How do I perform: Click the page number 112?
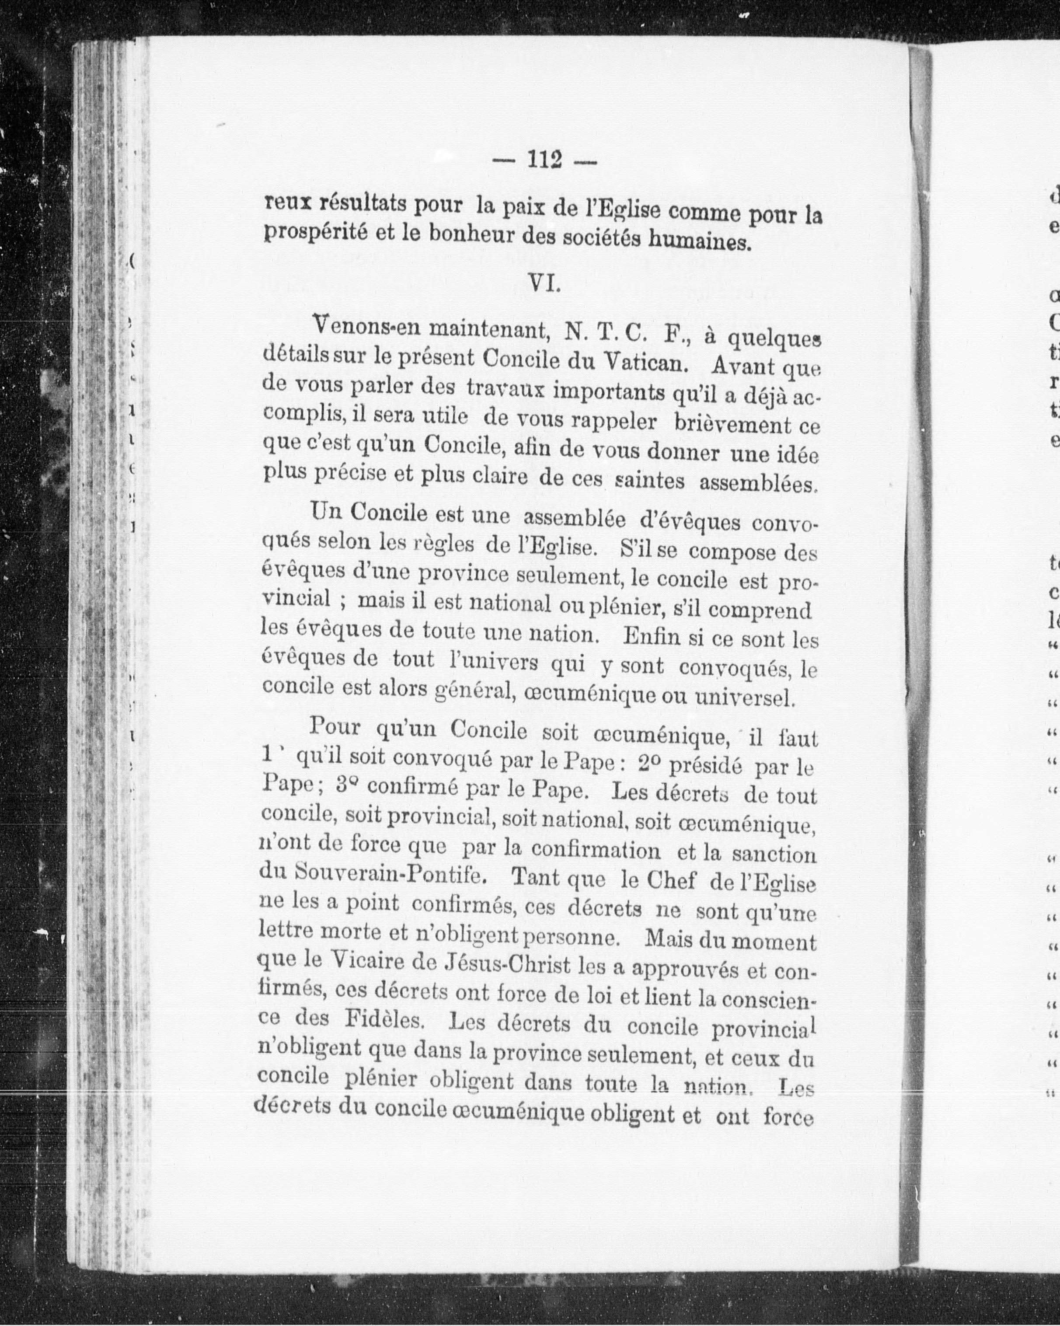545,160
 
